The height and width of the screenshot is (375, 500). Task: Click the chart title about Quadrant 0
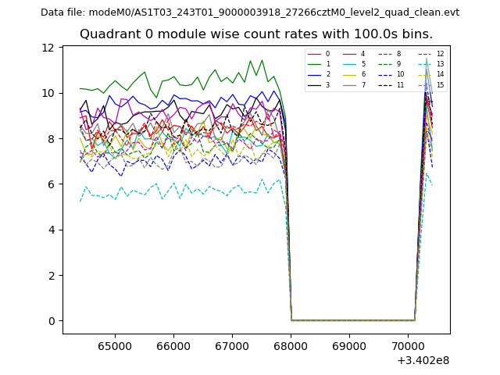255,34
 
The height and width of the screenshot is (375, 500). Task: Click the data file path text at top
250,12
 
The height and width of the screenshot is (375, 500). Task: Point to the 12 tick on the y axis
48,48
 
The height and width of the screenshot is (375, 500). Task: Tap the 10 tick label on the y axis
48,93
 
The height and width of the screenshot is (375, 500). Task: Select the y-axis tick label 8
51,138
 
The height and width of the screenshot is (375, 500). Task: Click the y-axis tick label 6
51,184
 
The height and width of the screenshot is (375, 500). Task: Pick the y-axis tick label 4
51,230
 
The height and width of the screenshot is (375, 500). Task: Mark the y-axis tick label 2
51,275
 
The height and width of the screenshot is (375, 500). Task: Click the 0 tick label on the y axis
51,321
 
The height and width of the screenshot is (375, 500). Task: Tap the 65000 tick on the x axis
115,345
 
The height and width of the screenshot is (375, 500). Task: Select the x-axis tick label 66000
173,345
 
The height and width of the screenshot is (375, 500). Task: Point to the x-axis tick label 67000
232,345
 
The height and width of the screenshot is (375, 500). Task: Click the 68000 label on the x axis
291,345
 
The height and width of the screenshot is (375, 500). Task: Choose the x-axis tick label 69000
349,345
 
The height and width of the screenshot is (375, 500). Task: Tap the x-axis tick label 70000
408,345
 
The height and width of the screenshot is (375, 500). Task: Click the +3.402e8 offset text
423,360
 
